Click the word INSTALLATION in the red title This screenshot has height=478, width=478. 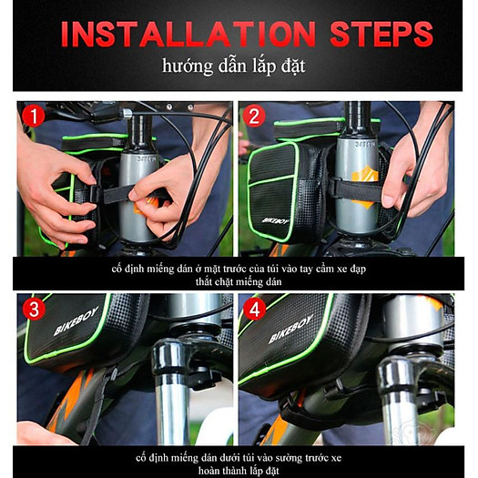[x=188, y=34]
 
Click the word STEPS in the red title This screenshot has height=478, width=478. [x=381, y=34]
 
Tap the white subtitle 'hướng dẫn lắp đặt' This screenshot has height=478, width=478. [x=233, y=66]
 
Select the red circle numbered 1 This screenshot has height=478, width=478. [x=34, y=116]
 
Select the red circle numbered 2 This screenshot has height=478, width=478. [x=254, y=116]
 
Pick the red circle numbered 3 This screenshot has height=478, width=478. [x=34, y=309]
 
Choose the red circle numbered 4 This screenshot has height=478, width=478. [x=254, y=309]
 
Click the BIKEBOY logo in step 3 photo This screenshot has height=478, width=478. [x=76, y=320]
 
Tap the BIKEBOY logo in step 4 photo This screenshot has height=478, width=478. [x=290, y=329]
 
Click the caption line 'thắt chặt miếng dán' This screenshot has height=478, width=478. [x=239, y=281]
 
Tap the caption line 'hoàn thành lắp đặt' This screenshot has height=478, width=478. [x=239, y=471]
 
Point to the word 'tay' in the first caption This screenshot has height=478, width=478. [x=305, y=270]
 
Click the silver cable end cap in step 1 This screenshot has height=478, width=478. [x=127, y=114]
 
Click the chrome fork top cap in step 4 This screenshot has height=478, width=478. [x=396, y=372]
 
